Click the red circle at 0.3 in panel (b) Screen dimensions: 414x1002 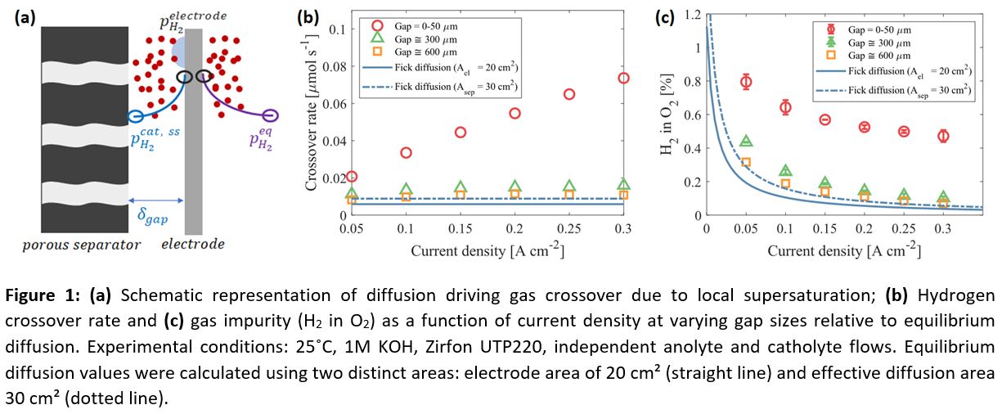[623, 78]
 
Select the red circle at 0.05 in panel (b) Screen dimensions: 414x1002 [352, 176]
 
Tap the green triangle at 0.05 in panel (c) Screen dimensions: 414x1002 [746, 142]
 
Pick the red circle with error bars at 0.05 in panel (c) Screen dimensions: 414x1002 [746, 81]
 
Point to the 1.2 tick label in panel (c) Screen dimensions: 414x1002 [692, 14]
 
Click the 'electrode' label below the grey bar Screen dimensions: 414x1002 [193, 244]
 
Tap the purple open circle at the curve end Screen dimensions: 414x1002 [270, 115]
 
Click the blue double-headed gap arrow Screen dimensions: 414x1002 [156, 199]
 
